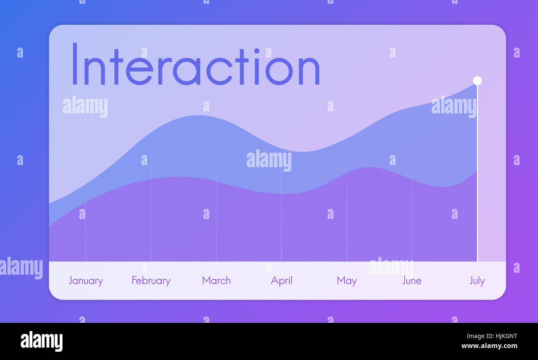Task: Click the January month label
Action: pos(86,281)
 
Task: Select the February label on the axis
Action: pos(151,281)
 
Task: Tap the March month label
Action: pos(216,281)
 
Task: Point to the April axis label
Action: pos(281,281)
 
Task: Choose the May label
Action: pos(346,281)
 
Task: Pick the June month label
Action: pos(412,281)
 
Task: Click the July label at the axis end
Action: pos(477,281)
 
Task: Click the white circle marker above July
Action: pos(477,80)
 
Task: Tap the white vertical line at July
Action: pos(477,174)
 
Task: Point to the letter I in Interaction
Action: pos(75,65)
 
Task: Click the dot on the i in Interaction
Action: pos(257,51)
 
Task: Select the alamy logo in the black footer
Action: pos(41,341)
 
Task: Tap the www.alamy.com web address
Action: pos(489,346)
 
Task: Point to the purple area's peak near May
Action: pos(368,168)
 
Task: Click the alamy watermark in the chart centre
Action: pos(269,160)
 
